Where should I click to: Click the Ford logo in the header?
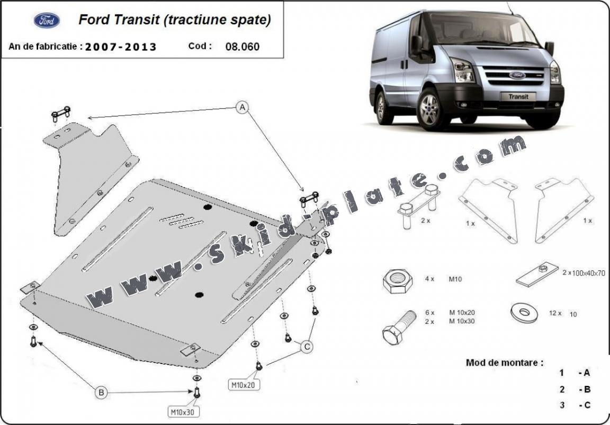pyautogui.click(x=47, y=21)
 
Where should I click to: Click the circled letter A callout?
pyautogui.click(x=242, y=108)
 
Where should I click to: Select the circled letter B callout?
pyautogui.click(x=101, y=393)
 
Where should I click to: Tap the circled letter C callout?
pyautogui.click(x=306, y=347)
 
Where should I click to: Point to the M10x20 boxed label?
pyautogui.click(x=245, y=385)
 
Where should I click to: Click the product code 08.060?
pyautogui.click(x=243, y=46)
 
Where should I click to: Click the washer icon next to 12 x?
pyautogui.click(x=525, y=312)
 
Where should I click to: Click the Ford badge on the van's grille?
pyautogui.click(x=517, y=75)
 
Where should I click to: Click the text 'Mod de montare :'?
pyautogui.click(x=504, y=363)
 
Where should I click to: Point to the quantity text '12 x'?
pyautogui.click(x=555, y=313)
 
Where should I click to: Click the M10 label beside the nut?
pyautogui.click(x=454, y=279)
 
